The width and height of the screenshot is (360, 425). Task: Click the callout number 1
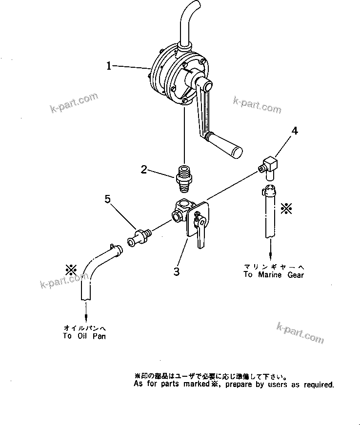click(110, 65)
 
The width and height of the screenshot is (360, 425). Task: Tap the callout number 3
click(177, 271)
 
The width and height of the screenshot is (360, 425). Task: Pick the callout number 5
click(108, 199)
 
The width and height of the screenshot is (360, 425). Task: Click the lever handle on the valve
click(200, 235)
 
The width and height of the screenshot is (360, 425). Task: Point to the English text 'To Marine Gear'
click(274, 275)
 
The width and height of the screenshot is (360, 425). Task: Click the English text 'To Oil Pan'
click(84, 336)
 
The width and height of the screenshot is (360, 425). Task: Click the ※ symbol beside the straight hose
click(287, 209)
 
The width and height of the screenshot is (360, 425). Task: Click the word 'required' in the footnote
click(319, 385)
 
